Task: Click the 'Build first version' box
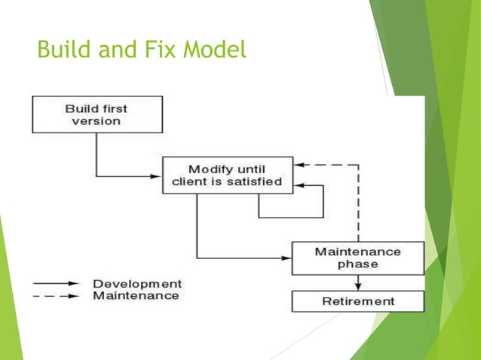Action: point(97,114)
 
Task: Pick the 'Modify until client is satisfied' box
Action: point(227,175)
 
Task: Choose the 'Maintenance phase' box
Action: point(357,258)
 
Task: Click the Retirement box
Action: point(357,301)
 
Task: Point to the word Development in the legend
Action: point(136,284)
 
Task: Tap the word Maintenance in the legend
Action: point(136,296)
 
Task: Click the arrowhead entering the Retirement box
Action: point(358,286)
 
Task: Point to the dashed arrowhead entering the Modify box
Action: point(299,164)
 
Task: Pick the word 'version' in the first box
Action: point(97,121)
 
